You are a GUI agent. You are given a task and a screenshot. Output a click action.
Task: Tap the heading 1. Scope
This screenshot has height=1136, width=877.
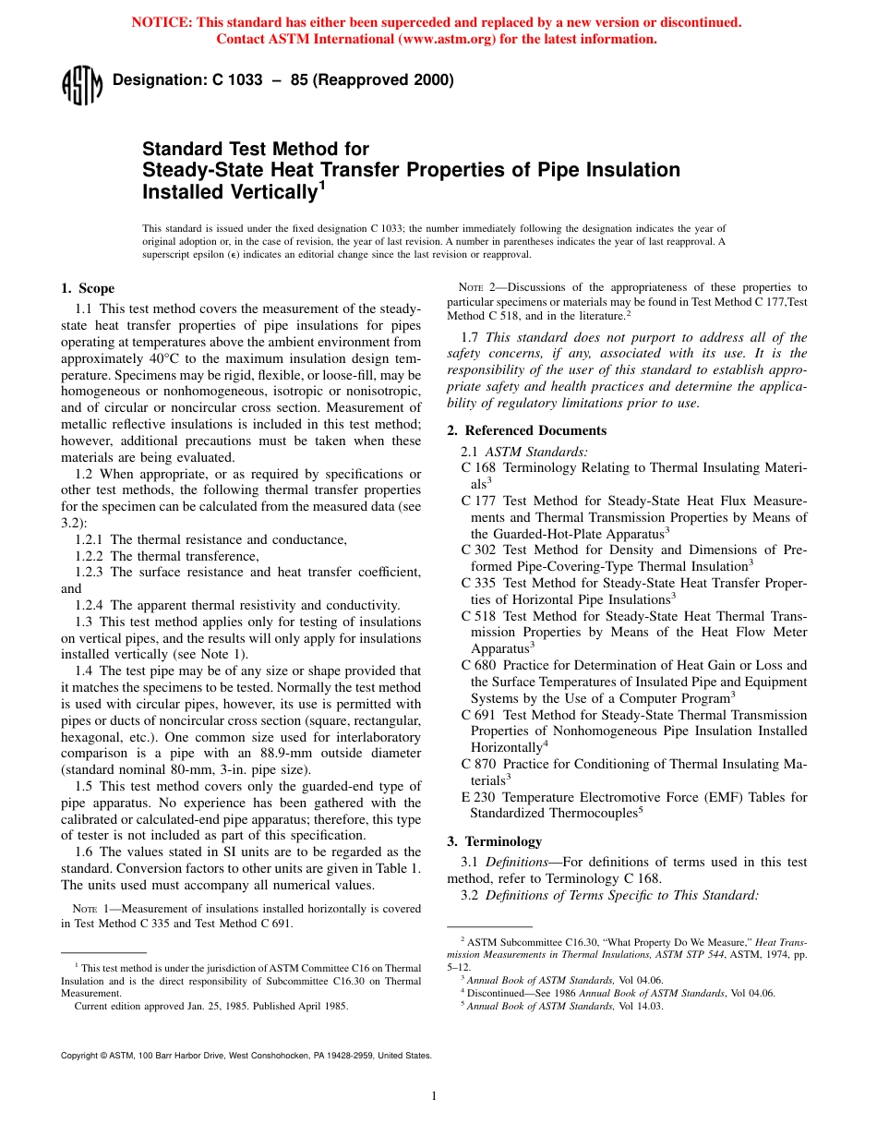(x=88, y=289)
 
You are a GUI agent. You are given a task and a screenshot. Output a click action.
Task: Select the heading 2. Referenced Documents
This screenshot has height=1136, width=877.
(x=526, y=430)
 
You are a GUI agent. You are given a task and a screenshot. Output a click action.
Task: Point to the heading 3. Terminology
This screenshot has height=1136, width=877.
(x=494, y=841)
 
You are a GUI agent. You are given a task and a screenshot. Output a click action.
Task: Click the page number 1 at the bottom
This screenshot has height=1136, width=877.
(x=434, y=1096)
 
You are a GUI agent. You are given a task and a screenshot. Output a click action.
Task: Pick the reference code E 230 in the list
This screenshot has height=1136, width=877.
(x=478, y=797)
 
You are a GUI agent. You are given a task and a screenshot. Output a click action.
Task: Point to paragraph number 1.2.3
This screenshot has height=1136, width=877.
(x=90, y=573)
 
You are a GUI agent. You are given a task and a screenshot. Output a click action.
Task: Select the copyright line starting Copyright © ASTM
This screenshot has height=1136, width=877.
(x=246, y=1055)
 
